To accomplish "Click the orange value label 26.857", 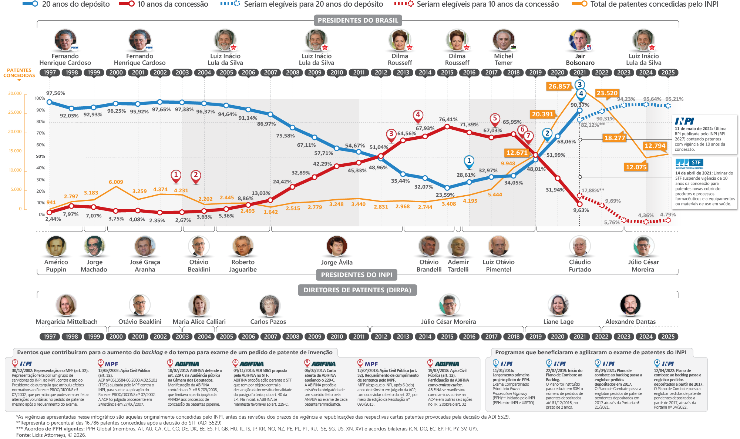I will tap(559, 86).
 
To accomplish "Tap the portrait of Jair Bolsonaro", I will tap(580, 40).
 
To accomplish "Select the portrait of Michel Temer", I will tap(503, 40).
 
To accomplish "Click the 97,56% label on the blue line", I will tap(55, 93).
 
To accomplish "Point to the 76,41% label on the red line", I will tap(448, 119).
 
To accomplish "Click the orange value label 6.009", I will tap(116, 182).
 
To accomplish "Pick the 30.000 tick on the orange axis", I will tap(15, 93).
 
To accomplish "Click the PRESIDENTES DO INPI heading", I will tap(356, 275).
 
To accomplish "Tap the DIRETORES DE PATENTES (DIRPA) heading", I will tap(357, 290).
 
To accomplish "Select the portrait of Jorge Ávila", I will tap(337, 246).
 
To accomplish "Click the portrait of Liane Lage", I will tap(558, 305).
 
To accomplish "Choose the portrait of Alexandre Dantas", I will tap(630, 305).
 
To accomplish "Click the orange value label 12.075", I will tap(636, 167).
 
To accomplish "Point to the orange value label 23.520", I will tap(607, 93).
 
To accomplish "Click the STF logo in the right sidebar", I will tap(689, 163).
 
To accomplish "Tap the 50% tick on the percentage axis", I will tap(40, 156).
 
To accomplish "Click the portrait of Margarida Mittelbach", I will tap(66, 305).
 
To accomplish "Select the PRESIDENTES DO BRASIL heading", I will tap(358, 20).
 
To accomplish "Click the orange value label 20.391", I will tap(542, 114).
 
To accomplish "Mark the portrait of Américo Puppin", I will tap(56, 246).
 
